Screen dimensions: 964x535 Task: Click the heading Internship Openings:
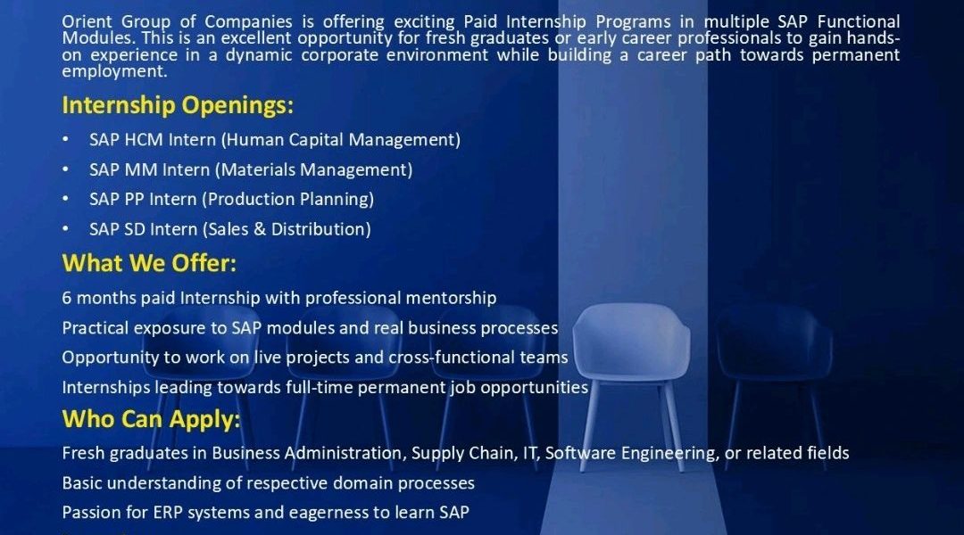tap(178, 105)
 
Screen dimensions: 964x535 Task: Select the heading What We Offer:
tap(149, 263)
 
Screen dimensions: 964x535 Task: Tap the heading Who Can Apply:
tap(151, 419)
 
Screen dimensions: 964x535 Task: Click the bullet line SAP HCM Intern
tap(275, 140)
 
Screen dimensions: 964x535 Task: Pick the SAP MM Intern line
tap(251, 169)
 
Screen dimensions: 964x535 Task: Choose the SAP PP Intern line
tap(232, 199)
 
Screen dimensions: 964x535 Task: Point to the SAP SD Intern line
tap(230, 229)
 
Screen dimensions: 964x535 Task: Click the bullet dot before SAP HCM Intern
tap(65, 140)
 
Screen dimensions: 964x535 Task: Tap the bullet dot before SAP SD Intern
tap(65, 229)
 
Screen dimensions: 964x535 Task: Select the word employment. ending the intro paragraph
tap(114, 71)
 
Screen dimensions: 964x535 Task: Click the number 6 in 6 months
tap(66, 298)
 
